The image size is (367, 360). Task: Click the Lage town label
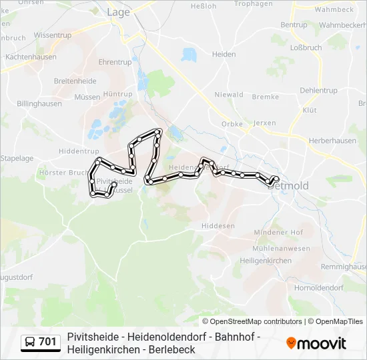point(118,12)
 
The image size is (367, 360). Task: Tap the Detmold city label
point(288,186)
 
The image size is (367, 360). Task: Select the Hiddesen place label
point(218,226)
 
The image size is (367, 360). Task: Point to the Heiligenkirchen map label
point(266,261)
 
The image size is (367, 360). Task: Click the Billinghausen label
point(39,104)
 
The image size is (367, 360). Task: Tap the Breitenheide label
point(75,81)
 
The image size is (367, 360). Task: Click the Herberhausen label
point(332,141)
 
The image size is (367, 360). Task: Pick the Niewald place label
point(230,95)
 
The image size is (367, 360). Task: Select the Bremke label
point(266,97)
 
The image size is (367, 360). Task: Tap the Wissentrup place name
point(52,34)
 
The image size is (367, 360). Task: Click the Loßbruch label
point(306,48)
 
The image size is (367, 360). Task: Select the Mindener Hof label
point(278,232)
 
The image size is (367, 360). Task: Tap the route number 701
point(47,342)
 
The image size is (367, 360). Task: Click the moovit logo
point(316,343)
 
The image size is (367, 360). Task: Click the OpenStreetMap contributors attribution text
point(256,321)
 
